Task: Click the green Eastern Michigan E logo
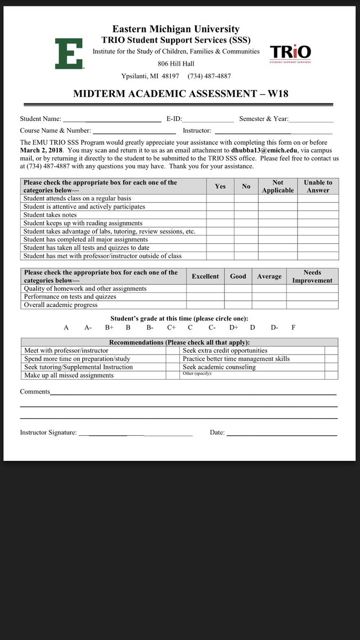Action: coord(69,54)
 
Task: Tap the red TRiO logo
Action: coord(290,53)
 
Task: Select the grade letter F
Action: coord(293,327)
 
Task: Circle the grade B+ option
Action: coord(109,327)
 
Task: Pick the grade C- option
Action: coord(212,327)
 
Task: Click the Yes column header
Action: coord(220,186)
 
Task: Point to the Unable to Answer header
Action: coord(318,186)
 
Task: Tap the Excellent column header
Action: coord(205,276)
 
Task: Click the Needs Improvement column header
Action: coord(312,276)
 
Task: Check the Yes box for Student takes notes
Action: coord(220,215)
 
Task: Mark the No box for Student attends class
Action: coord(246,198)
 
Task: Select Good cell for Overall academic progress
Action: coord(238,305)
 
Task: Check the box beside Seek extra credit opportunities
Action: coord(331,351)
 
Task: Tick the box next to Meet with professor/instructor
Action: coord(172,351)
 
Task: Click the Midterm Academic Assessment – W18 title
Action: coord(180,94)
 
